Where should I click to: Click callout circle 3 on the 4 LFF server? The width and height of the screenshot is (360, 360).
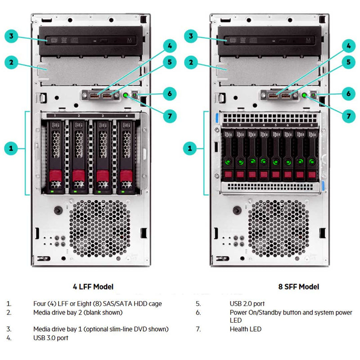coord(12,36)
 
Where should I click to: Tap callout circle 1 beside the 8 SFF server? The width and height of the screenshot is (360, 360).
coord(190,148)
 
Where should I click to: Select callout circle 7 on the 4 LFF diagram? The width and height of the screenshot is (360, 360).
coord(169,116)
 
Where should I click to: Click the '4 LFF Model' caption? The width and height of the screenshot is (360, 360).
coord(93,287)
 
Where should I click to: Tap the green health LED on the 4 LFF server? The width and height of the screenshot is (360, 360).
coord(126,95)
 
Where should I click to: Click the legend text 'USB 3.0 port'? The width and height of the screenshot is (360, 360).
coord(51,337)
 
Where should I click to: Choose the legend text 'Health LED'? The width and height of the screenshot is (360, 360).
coord(245,329)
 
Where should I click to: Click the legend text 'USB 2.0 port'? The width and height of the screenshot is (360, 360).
coord(247,304)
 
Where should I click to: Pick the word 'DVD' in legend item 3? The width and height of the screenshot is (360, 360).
coord(146,329)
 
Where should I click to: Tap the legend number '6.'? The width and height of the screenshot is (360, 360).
coord(198,312)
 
